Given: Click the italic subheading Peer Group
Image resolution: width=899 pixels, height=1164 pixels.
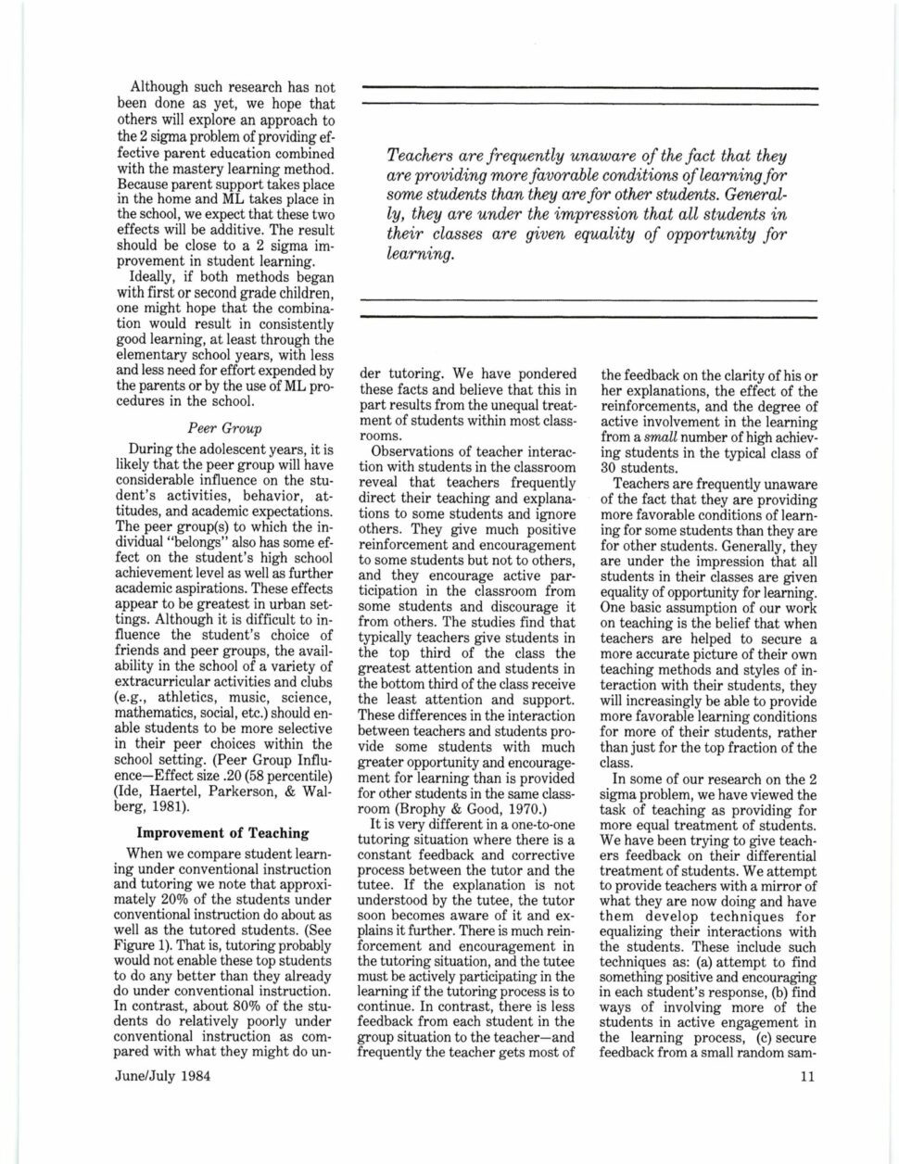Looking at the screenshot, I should (225, 429).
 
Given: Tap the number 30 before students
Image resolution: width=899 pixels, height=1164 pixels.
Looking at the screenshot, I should (610, 467).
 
